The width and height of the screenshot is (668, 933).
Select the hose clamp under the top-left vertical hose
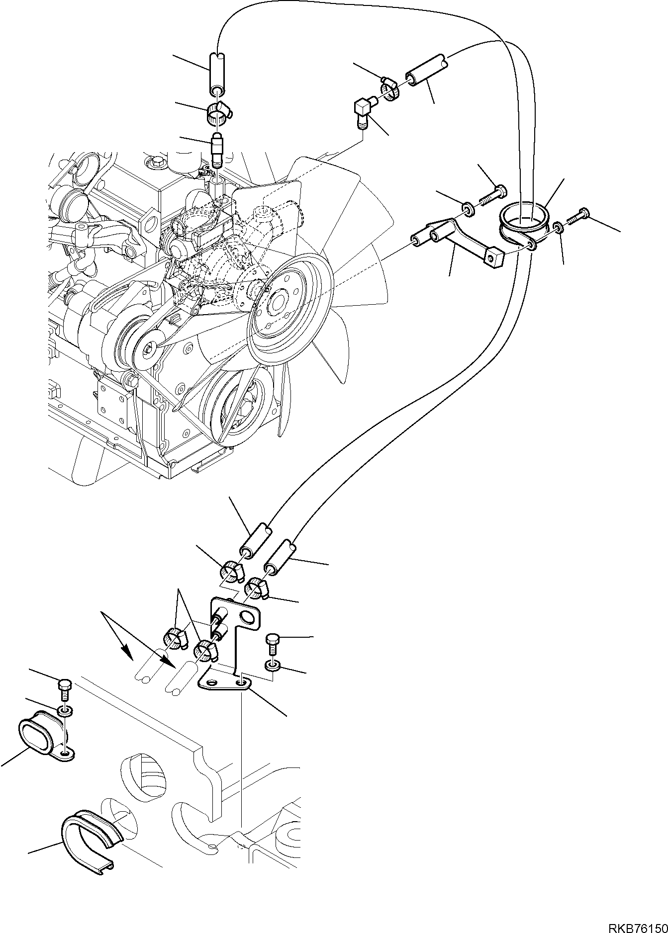click(x=216, y=114)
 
